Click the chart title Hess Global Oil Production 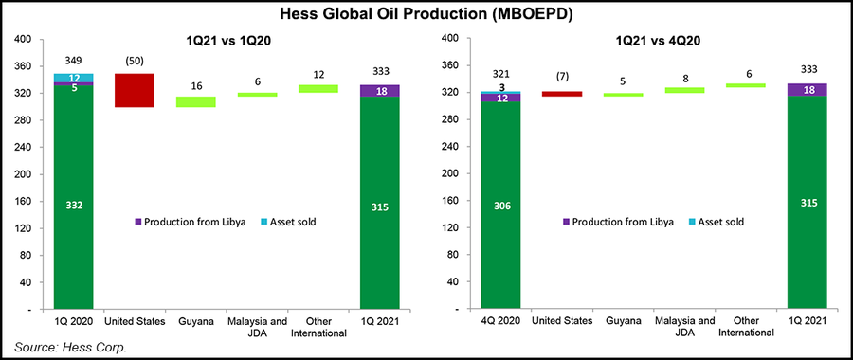[426, 14]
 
